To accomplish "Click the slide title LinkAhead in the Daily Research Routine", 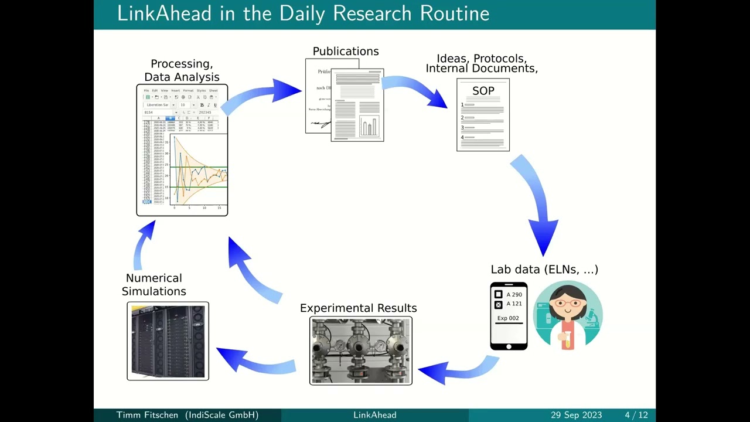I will (303, 13).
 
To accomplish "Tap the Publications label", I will (346, 52).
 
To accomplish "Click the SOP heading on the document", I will (483, 91).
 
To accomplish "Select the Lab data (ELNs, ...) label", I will (544, 270).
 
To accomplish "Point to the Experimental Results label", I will (359, 308).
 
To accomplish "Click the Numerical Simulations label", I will (154, 285).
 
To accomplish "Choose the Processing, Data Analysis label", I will (182, 70).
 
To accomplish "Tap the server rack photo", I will (168, 341).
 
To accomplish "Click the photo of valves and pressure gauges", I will (361, 351).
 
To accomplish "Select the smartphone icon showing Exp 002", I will (509, 316).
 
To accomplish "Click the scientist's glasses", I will (567, 304).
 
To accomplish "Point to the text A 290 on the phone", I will (514, 295).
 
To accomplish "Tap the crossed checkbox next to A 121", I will (499, 305).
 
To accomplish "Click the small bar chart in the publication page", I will (369, 126).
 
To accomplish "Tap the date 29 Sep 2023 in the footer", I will (576, 415).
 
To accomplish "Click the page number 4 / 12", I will (636, 415).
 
